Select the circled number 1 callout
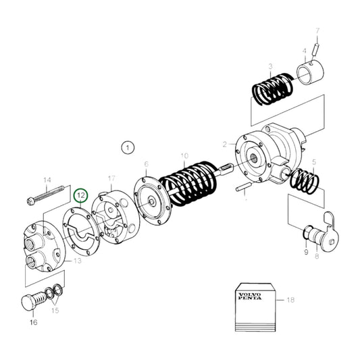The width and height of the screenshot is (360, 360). click(126, 146)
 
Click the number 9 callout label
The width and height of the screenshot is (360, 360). click(305, 253)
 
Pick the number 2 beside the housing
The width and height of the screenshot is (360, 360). click(224, 144)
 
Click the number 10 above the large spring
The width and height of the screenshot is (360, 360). click(184, 156)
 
